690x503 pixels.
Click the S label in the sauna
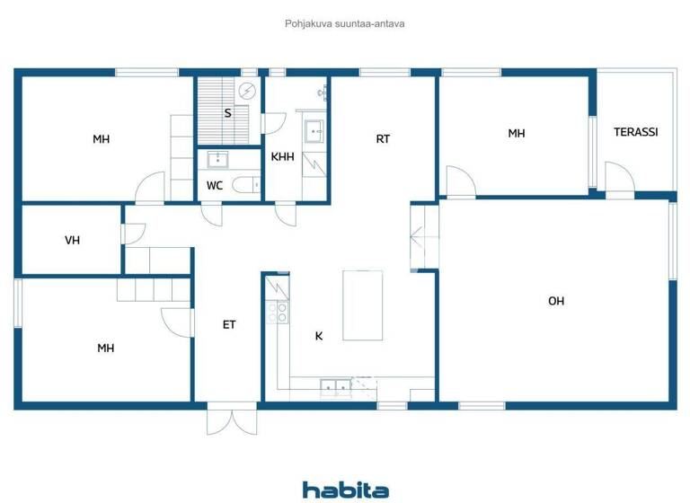click(227, 113)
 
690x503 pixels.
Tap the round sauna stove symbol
click(247, 89)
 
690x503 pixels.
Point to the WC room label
click(215, 186)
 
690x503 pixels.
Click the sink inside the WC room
click(217, 160)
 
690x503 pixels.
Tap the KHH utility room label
click(282, 157)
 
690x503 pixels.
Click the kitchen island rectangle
click(363, 305)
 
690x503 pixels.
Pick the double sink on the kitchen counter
click(335, 387)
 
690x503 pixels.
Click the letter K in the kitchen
click(318, 337)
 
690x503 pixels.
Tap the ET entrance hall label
click(229, 324)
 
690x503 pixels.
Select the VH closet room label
click(73, 241)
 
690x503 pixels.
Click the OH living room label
click(556, 301)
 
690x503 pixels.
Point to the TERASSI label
click(635, 132)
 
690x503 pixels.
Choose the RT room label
click(383, 139)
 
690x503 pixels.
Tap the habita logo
click(345, 490)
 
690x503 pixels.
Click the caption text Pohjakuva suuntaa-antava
click(345, 24)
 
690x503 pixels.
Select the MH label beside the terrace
click(516, 134)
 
